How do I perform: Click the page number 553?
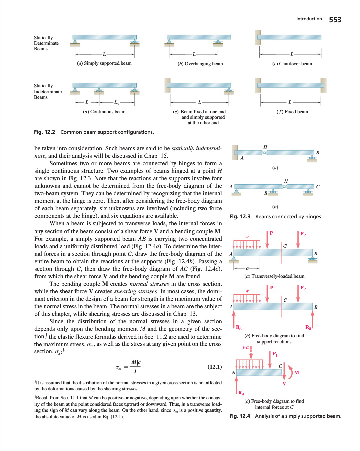[x=335, y=19]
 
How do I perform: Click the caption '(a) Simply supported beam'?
[x=103, y=64]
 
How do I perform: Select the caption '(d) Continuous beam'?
[x=103, y=112]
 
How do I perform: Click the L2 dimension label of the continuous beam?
[x=116, y=103]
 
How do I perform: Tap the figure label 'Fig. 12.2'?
[x=44, y=132]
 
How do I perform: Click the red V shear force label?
[x=284, y=384]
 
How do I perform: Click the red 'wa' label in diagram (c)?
[x=245, y=345]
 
